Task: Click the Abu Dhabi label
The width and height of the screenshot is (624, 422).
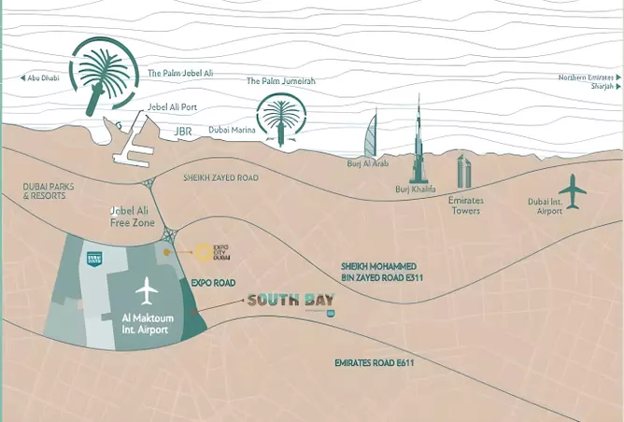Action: pyautogui.click(x=43, y=79)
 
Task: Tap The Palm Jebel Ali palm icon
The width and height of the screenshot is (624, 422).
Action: pyautogui.click(x=104, y=69)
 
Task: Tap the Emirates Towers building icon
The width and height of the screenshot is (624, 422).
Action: pyautogui.click(x=464, y=172)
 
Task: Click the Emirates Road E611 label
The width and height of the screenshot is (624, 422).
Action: pyautogui.click(x=374, y=363)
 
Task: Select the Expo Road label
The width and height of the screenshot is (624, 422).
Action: pyautogui.click(x=212, y=282)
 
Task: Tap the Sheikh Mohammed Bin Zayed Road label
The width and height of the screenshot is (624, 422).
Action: pyautogui.click(x=376, y=271)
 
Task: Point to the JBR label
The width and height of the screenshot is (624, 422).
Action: pyautogui.click(x=183, y=132)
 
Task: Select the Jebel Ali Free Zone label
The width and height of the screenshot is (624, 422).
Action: pyautogui.click(x=131, y=217)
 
